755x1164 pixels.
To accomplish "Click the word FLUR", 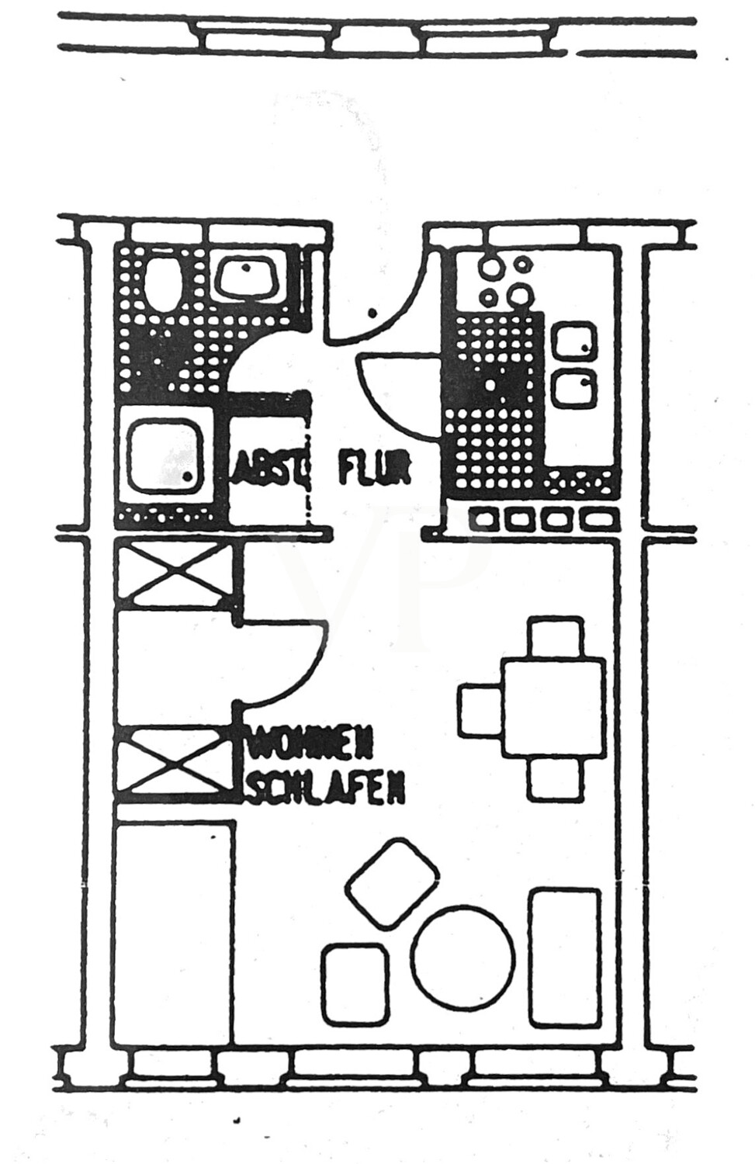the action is pos(373,469).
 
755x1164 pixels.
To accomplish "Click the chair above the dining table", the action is pos(554,638).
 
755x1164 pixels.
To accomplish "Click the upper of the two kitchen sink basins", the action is pos(574,343).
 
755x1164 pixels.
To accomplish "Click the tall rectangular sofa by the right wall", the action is pos(565,956).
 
